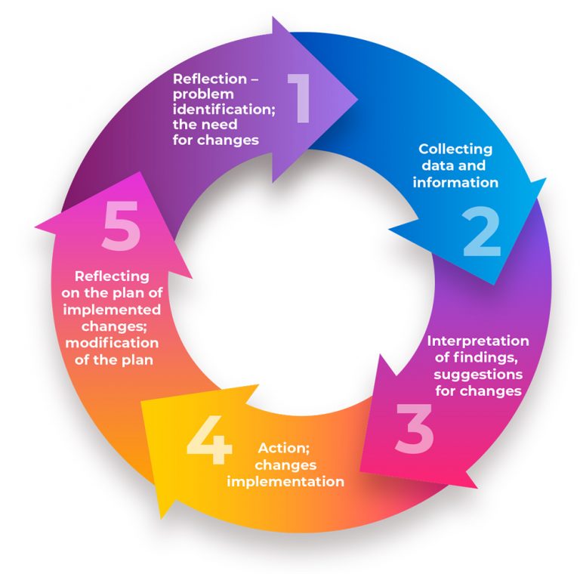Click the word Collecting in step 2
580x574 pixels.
point(455,149)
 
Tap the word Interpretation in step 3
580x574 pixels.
point(478,341)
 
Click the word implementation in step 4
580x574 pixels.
point(285,481)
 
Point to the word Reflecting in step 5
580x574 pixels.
point(112,276)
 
